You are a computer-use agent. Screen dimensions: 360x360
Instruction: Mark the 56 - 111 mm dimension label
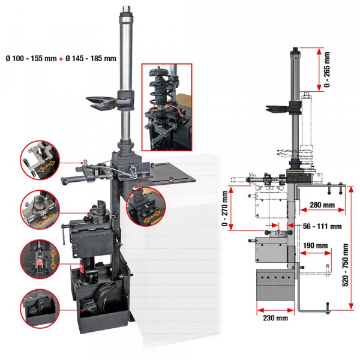[322, 226]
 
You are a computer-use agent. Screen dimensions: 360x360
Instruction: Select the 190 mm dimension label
[315, 246]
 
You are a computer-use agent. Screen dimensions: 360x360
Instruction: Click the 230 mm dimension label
[273, 318]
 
